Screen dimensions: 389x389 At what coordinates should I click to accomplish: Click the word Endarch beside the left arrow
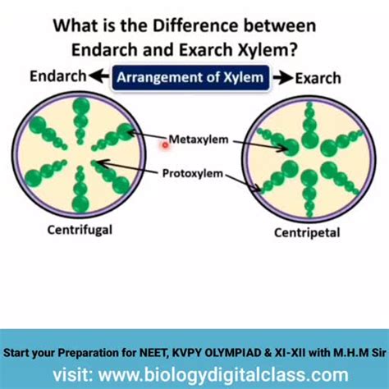coord(57,77)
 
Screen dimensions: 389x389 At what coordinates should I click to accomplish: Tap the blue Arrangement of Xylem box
coord(190,78)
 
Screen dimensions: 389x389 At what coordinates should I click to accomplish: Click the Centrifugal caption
coord(80,229)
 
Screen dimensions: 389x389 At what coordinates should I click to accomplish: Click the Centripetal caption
coord(306,233)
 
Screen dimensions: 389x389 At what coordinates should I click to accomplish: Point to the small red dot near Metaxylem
coord(165,145)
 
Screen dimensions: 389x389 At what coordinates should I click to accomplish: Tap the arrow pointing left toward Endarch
coord(99,77)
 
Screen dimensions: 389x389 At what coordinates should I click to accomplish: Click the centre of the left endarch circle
coord(80,155)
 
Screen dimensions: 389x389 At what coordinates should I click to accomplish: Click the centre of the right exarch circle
coord(309,159)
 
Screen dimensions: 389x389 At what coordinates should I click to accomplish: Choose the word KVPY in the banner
coord(194,355)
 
